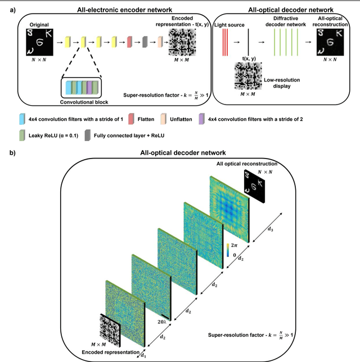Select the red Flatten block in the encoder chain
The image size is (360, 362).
coord(130,42)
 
